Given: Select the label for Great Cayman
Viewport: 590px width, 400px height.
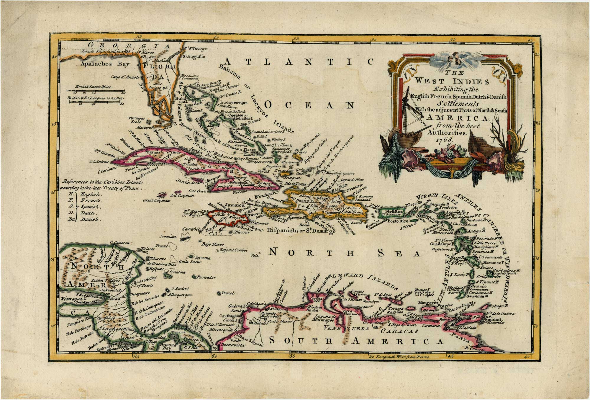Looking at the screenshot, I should coord(156,200).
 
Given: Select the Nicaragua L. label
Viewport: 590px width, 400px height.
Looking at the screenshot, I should coord(71,299).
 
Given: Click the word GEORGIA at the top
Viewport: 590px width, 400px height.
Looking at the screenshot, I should coord(130,46).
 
